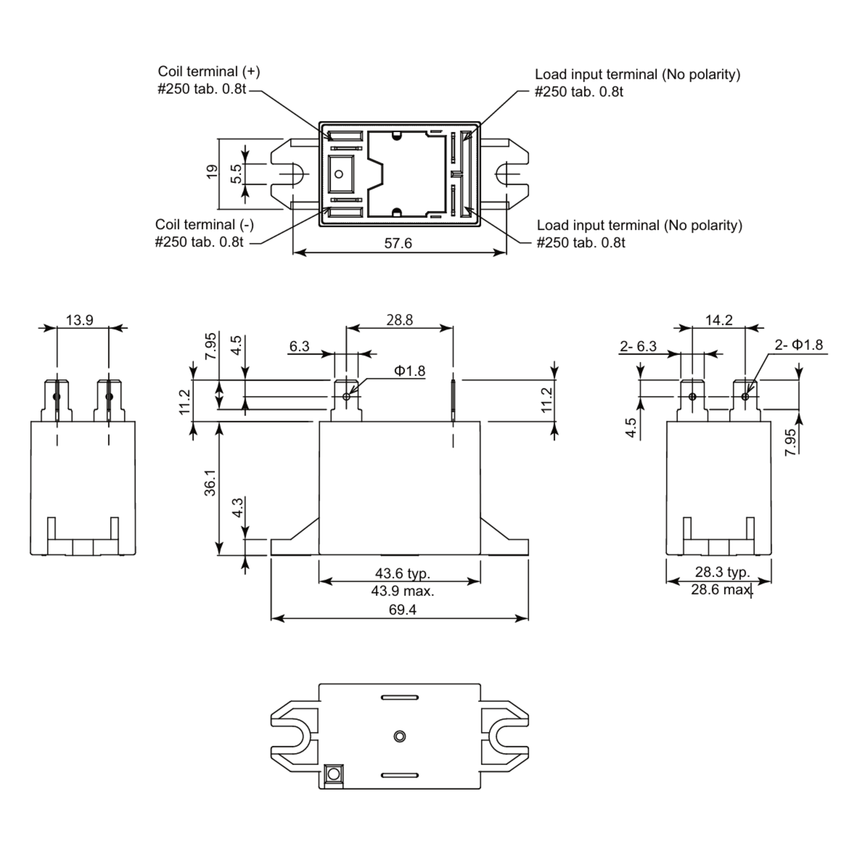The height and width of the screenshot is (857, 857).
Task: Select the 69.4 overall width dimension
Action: pos(402,610)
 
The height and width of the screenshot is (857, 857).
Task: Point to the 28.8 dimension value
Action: pos(399,320)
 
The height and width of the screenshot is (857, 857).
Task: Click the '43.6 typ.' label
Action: pos(402,573)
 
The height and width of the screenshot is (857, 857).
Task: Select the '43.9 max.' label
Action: pos(402,591)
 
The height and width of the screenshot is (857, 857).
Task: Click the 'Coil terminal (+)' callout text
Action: pos(209,71)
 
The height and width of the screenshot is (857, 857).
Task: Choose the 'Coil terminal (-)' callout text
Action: pos(205,225)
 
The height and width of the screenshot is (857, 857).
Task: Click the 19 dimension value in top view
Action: pos(212,171)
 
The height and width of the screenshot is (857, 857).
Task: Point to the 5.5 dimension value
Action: pos(236,174)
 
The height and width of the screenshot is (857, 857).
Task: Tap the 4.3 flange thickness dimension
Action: pos(237,507)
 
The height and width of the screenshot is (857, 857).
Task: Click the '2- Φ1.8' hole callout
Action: pos(799,345)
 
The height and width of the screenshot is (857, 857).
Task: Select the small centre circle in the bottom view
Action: pos(399,736)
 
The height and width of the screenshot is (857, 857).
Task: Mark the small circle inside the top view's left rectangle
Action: pos(339,174)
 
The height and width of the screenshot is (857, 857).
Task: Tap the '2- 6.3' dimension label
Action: pos(638,346)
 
